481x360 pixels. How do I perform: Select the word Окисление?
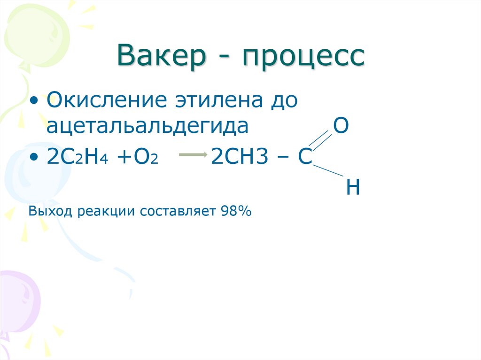click(108, 101)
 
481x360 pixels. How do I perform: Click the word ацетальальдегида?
click(147, 127)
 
